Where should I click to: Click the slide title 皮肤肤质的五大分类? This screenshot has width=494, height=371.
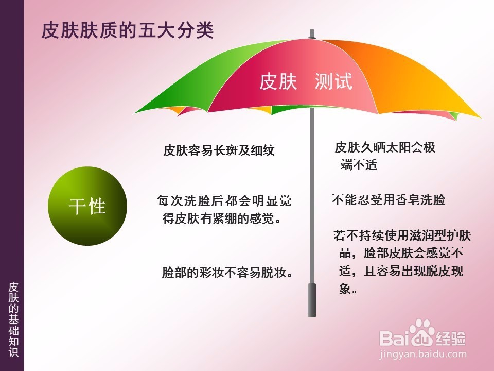coord(128,30)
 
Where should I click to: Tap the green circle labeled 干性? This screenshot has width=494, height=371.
coord(87,206)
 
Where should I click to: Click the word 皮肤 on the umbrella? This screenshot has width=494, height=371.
coord(278,81)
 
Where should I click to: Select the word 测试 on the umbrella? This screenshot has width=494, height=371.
coord(333,81)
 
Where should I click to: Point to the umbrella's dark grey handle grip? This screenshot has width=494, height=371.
coord(312,300)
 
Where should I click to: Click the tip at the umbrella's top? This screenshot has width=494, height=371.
coord(312,30)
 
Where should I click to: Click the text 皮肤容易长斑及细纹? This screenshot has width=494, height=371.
coord(219,150)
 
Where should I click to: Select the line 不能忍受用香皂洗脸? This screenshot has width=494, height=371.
coord(389,200)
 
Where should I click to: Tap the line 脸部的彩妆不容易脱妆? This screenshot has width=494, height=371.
coord(227,272)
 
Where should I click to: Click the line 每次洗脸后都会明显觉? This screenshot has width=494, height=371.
coord(224,200)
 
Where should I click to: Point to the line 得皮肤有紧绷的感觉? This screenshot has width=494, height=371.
coord(221,218)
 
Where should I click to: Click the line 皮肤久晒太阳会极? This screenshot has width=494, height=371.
coord(385,147)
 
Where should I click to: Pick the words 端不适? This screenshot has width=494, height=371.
coord(359,165)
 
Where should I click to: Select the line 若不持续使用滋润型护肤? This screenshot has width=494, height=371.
coord(402,235)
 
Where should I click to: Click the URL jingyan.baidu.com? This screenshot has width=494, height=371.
coord(423,354)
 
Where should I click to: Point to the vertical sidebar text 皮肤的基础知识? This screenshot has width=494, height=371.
coord(13,319)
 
